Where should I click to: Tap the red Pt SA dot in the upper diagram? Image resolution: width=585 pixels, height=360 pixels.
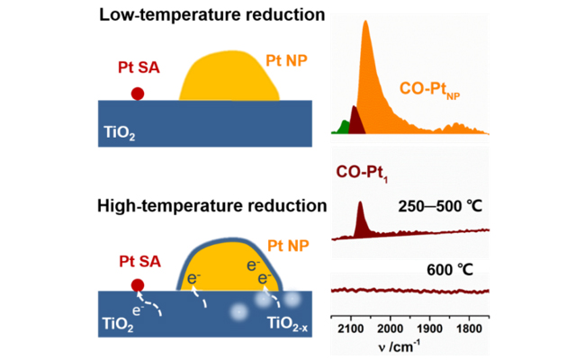(x=137, y=93)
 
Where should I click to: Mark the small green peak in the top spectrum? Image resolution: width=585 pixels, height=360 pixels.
(x=341, y=127)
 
